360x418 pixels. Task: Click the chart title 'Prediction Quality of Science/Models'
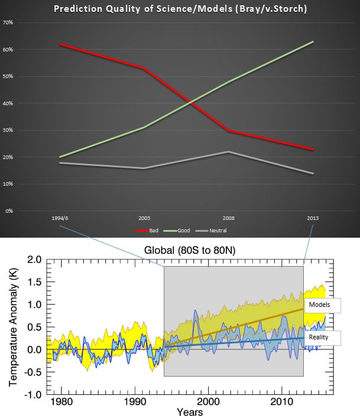click(x=180, y=9)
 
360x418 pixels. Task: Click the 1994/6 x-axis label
click(x=60, y=218)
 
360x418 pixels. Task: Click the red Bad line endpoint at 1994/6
click(x=60, y=44)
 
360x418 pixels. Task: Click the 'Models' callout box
click(x=323, y=304)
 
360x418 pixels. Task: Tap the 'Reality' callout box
click(x=324, y=337)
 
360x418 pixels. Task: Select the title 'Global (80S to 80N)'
click(x=186, y=251)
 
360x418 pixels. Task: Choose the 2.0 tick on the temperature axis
click(x=34, y=260)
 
